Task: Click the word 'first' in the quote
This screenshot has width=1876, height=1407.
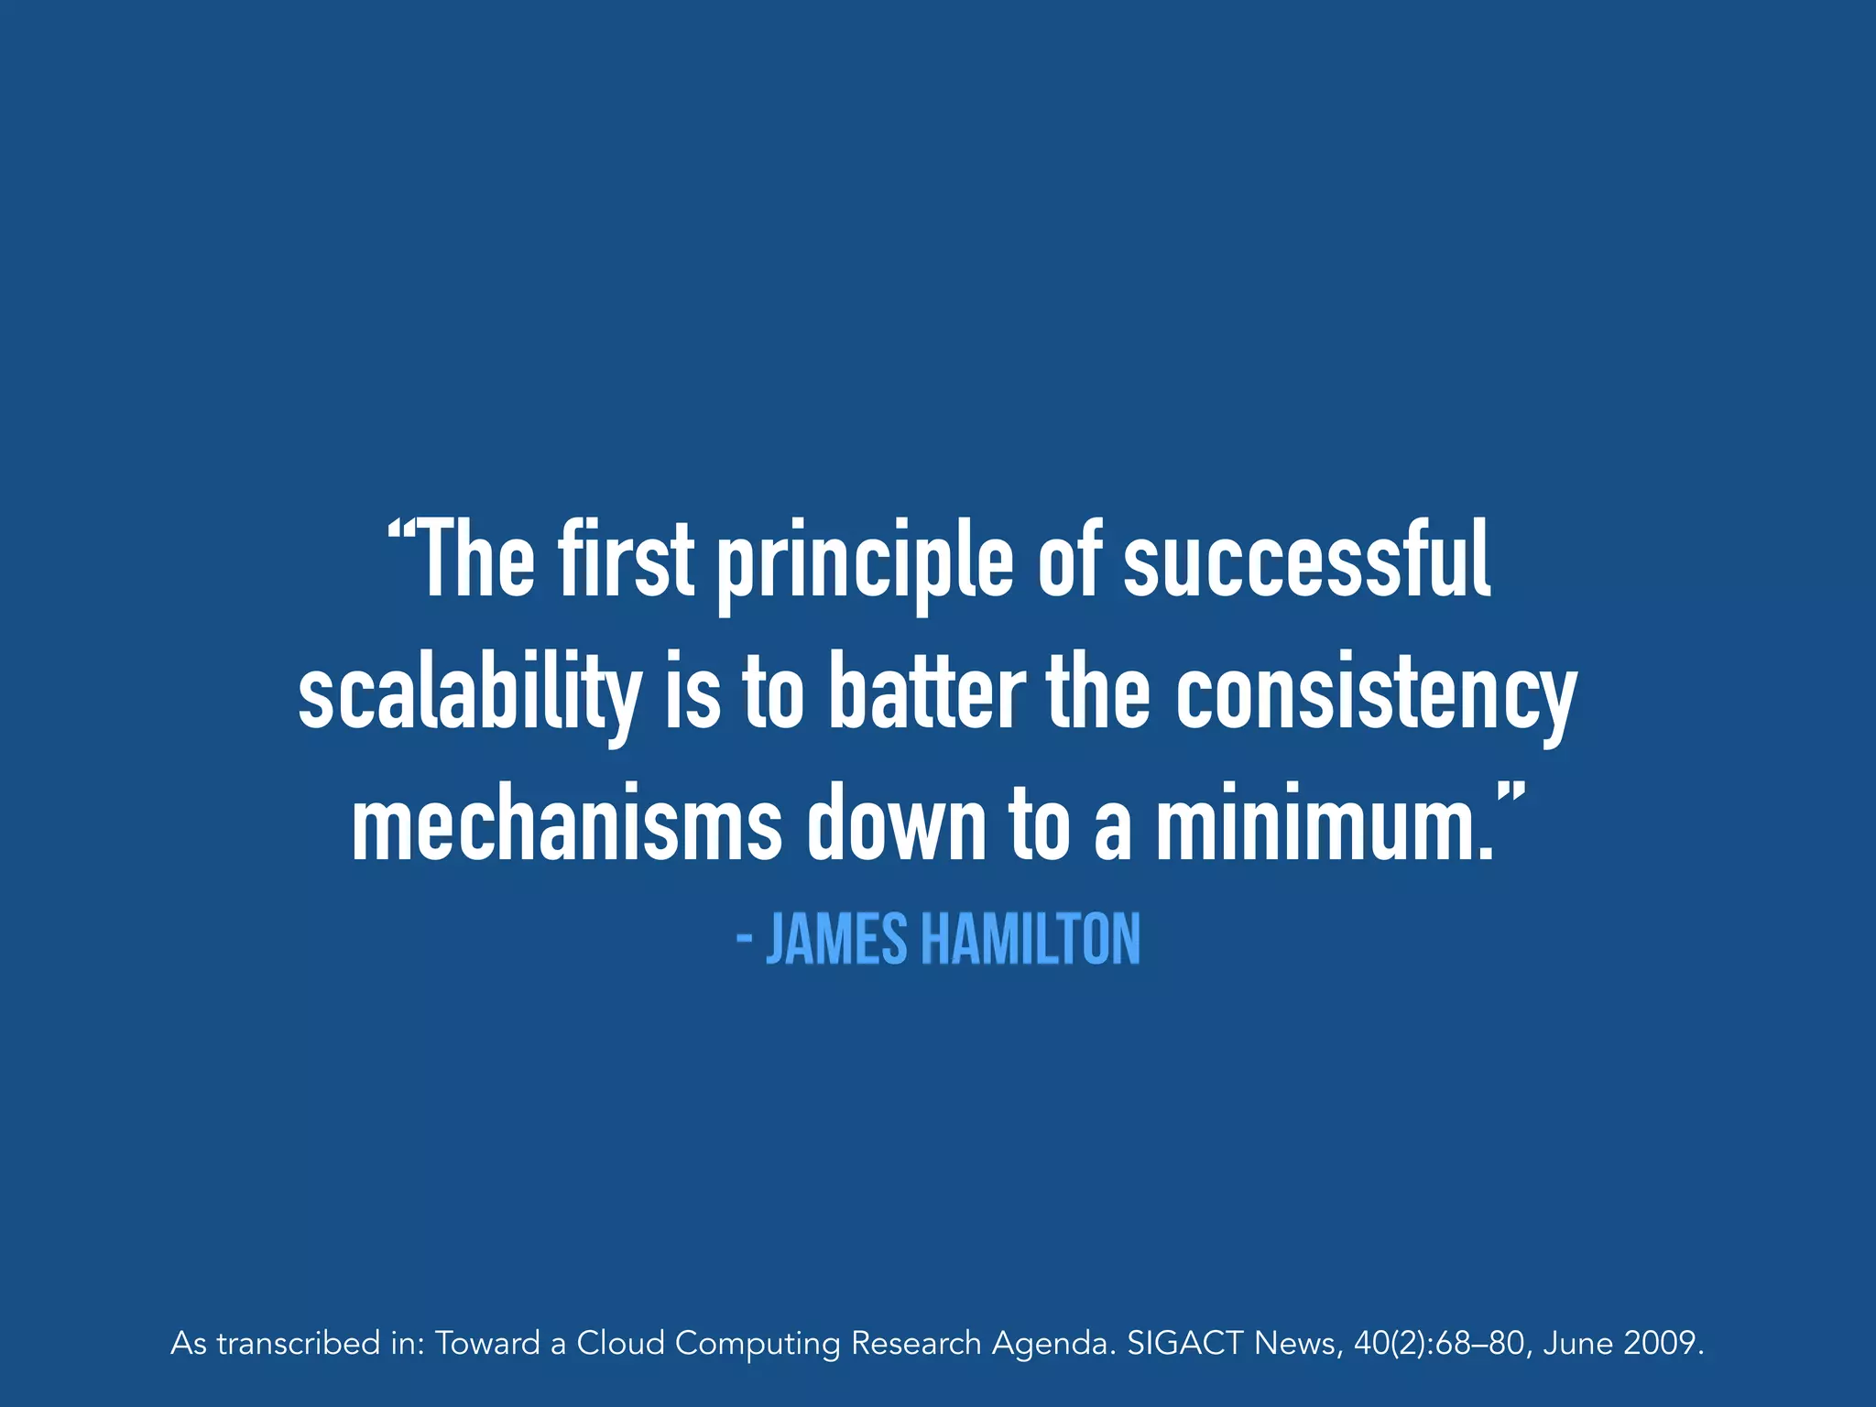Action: (x=625, y=560)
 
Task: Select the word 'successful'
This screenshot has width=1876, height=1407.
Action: (x=1307, y=560)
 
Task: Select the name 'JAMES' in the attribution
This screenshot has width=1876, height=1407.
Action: (x=836, y=940)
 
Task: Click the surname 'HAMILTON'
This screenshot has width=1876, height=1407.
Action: (x=1031, y=940)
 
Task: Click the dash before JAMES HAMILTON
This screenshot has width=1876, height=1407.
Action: (x=745, y=940)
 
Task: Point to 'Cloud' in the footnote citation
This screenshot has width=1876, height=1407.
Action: (x=620, y=1344)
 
